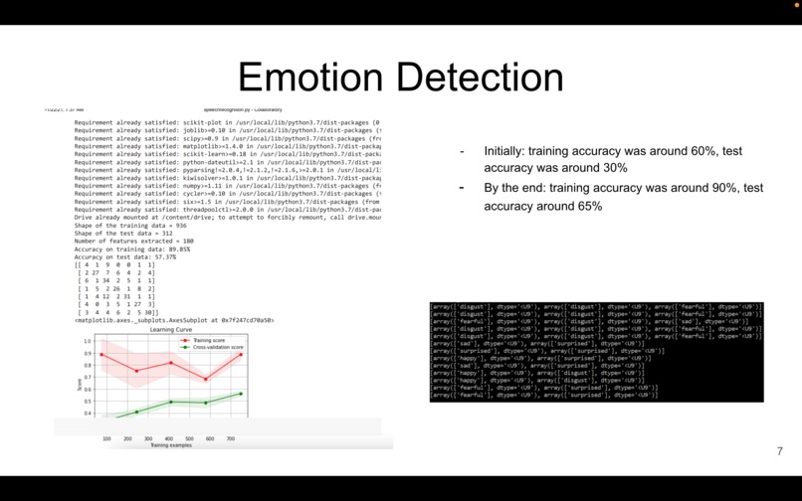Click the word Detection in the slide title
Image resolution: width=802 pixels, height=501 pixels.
478,78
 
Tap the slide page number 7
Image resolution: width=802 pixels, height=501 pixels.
779,451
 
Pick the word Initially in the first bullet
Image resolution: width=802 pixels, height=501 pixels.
503,151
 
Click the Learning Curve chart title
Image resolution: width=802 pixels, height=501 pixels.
170,329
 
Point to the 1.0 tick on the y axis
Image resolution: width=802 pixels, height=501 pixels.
88,341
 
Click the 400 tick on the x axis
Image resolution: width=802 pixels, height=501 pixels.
169,438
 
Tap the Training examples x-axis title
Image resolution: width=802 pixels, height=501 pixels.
170,445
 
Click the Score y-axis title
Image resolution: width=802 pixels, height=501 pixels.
80,382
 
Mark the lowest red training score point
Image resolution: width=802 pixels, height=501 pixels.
206,379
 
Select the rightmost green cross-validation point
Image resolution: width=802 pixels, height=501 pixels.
241,394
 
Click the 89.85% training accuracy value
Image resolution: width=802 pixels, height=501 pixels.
179,250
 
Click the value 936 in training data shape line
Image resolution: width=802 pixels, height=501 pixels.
179,226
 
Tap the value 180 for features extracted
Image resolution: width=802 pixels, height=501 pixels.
186,242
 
